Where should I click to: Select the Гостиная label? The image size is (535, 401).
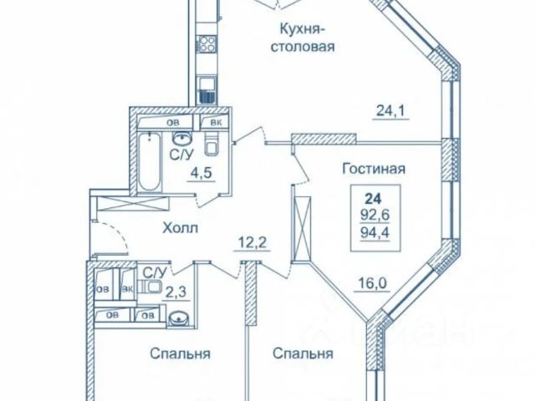373,169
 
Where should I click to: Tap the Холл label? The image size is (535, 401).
181,230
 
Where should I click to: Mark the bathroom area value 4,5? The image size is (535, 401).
200,175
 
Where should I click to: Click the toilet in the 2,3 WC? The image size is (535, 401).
152,287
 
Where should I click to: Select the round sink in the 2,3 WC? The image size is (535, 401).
178,318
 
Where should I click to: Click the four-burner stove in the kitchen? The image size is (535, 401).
204,42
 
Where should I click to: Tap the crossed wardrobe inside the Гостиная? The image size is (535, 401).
301,221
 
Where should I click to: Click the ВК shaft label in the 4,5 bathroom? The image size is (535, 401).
216,124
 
